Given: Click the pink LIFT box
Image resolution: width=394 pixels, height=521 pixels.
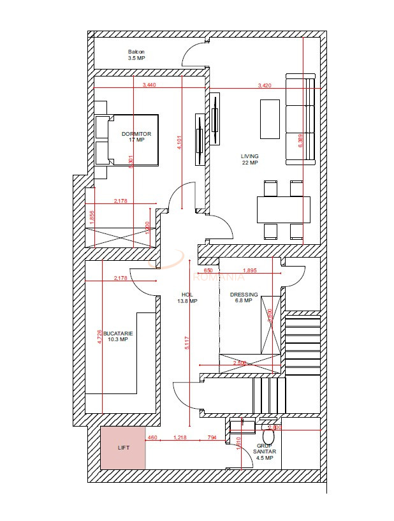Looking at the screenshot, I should [123, 448].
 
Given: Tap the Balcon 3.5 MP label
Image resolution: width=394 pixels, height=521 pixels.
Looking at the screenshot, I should [136, 55].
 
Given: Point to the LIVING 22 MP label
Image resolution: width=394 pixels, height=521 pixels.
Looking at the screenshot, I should [249, 159].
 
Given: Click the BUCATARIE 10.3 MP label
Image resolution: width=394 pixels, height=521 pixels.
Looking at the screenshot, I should [118, 336].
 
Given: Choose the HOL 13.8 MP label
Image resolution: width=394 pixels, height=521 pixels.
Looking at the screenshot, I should [187, 298].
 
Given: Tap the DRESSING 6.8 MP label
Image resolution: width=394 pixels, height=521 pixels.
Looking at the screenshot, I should [244, 298].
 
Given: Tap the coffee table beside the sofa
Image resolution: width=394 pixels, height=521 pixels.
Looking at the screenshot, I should [270, 119].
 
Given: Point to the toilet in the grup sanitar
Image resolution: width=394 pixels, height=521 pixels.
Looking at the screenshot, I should [268, 436].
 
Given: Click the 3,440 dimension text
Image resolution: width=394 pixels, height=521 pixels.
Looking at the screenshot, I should [149, 85].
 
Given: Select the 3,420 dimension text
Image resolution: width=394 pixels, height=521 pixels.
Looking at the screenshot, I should [265, 85].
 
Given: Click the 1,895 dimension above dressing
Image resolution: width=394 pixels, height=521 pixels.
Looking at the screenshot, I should [250, 270].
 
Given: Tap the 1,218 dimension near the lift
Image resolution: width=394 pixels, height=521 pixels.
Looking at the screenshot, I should [180, 437].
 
